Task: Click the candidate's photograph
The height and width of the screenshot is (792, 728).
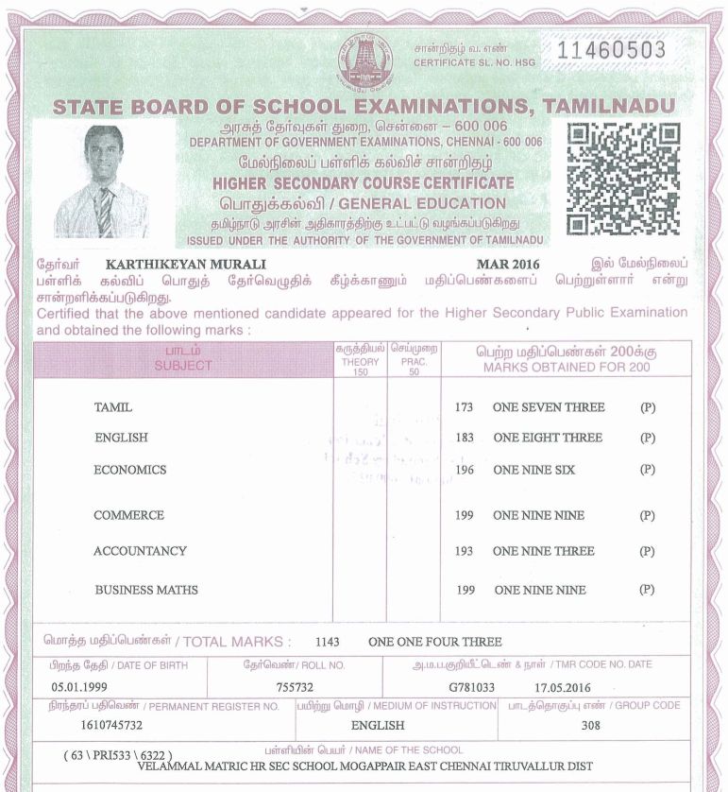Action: pyautogui.click(x=103, y=181)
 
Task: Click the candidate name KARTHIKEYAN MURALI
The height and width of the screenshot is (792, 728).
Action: pyautogui.click(x=186, y=264)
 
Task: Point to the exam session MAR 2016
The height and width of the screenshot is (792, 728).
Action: pyautogui.click(x=510, y=264)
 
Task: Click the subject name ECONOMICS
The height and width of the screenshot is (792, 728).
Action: pyautogui.click(x=129, y=470)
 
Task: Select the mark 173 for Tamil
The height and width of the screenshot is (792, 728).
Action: pyautogui.click(x=464, y=407)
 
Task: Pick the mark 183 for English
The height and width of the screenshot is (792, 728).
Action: pyautogui.click(x=464, y=438)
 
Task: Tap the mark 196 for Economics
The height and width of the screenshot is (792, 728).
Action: pyautogui.click(x=464, y=470)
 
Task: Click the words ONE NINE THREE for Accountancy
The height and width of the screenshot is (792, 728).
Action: pyautogui.click(x=543, y=551)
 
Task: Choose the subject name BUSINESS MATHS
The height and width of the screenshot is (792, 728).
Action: pyautogui.click(x=146, y=590)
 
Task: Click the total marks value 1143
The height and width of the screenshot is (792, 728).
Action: pyautogui.click(x=327, y=641)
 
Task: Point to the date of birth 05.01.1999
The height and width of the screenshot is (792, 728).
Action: pyautogui.click(x=85, y=688)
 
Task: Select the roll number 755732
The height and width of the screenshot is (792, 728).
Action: pyautogui.click(x=295, y=688)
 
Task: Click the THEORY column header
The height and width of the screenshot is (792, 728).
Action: pyautogui.click(x=359, y=362)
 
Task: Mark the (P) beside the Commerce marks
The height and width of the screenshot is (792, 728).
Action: pyautogui.click(x=647, y=515)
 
